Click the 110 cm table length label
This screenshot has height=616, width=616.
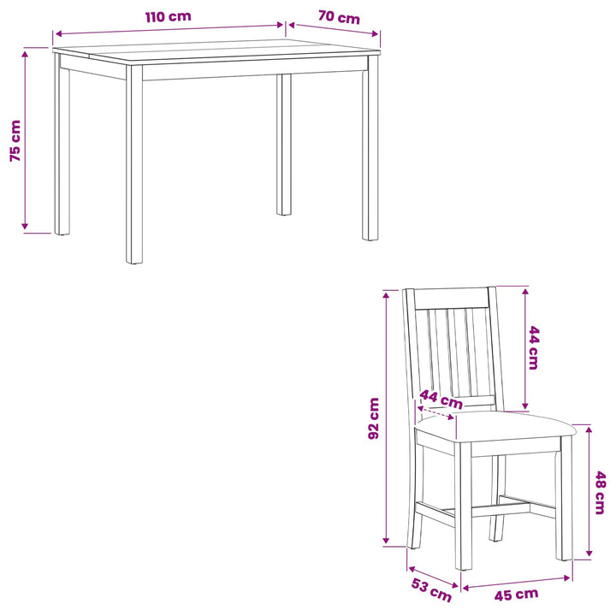coord(169,17)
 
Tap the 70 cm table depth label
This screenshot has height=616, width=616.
coord(339,18)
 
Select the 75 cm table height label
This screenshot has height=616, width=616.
coord(15,140)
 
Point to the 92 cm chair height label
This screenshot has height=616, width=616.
coord(374,418)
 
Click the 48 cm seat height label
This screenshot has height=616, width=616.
coord(600,493)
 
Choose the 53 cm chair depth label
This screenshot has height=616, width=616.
coord(431,589)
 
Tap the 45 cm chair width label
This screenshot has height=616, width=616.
coord(516,595)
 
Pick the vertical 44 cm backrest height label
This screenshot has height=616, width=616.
coord(534,347)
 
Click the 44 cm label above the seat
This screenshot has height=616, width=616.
coord(441,399)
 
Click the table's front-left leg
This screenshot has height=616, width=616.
coord(134,164)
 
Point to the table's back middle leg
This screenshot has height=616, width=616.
coord(284,145)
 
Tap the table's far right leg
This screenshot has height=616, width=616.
coord(370,148)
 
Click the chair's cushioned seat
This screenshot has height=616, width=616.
coord(495,427)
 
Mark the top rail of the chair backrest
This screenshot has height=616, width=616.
coord(452,299)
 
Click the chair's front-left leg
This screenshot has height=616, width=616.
coord(463,506)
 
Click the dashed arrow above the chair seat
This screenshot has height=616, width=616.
coord(435,413)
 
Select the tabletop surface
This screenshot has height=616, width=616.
coord(216,50)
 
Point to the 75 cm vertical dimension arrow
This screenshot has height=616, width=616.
coord(25,140)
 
